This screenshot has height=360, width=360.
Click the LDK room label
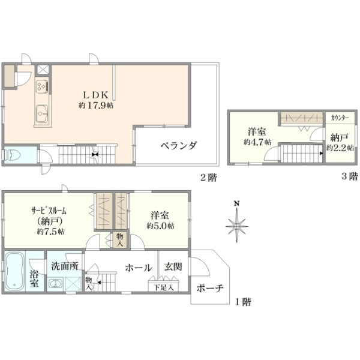tap(95, 95)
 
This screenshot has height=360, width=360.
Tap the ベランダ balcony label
tap(179, 146)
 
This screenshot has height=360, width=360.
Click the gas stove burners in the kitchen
tap(42, 86)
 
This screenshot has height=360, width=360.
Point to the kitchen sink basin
tap(42, 113)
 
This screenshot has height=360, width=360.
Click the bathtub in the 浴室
tap(15, 271)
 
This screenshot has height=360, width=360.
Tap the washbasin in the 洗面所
tap(55, 284)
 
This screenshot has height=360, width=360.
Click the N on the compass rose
tap(237, 203)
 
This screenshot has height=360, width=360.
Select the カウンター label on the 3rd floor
tap(340, 118)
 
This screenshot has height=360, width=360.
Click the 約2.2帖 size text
tap(340, 148)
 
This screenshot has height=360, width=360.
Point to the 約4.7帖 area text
tap(257, 142)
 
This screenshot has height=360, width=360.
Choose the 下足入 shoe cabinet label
tap(163, 287)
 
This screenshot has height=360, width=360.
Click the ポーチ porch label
tap(210, 288)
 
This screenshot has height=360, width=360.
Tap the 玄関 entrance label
tap(173, 267)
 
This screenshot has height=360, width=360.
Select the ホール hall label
tap(139, 268)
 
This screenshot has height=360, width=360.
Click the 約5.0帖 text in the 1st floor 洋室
tap(160, 226)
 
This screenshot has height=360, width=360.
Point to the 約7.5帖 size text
tap(51, 231)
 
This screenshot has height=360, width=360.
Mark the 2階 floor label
tap(209, 178)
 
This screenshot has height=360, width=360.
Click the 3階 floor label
tap(350, 176)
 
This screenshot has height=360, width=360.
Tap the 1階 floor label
tap(243, 302)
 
